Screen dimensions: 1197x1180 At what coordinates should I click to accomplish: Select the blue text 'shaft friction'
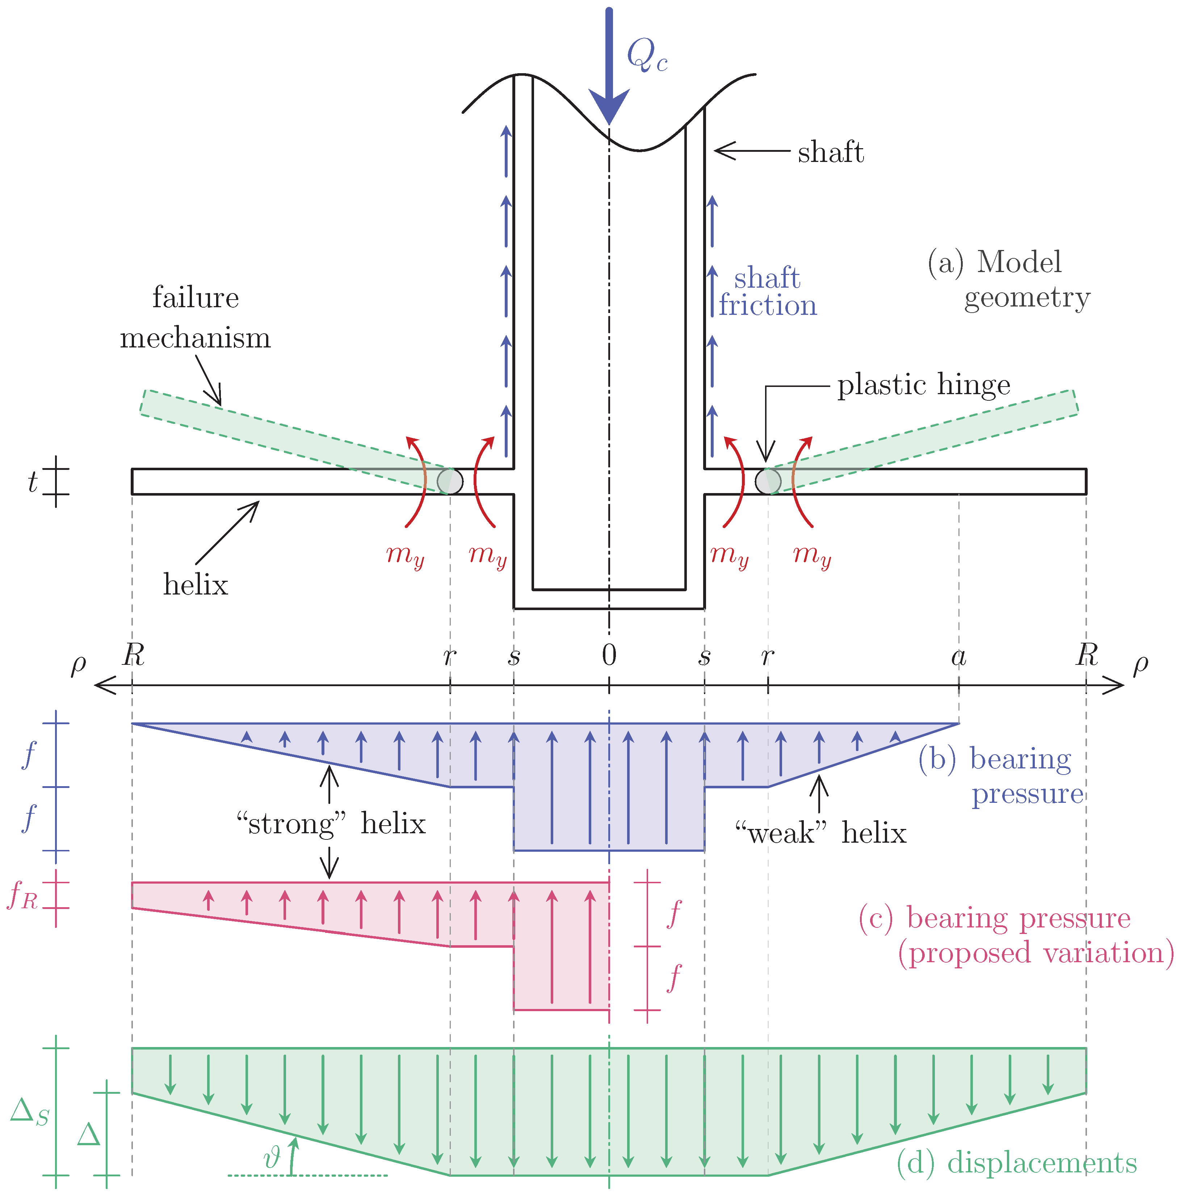pyautogui.click(x=767, y=292)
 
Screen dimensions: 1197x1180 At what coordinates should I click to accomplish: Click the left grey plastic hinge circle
pyautogui.click(x=450, y=481)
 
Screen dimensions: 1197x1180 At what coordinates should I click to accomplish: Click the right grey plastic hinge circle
pyautogui.click(x=768, y=481)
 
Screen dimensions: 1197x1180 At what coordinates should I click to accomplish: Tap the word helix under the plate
pyautogui.click(x=196, y=584)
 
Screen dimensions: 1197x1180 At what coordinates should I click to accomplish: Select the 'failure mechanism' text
pyautogui.click(x=196, y=317)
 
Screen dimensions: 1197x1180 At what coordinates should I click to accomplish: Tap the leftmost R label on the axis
pyautogui.click(x=134, y=655)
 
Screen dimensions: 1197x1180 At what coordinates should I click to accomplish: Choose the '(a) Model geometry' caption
pyautogui.click(x=1009, y=279)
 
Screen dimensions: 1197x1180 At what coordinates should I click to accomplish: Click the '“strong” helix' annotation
pyautogui.click(x=331, y=823)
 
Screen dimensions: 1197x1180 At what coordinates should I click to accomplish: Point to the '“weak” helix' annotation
pyautogui.click(x=820, y=832)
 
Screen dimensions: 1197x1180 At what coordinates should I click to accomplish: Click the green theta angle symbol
pyautogui.click(x=272, y=1156)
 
